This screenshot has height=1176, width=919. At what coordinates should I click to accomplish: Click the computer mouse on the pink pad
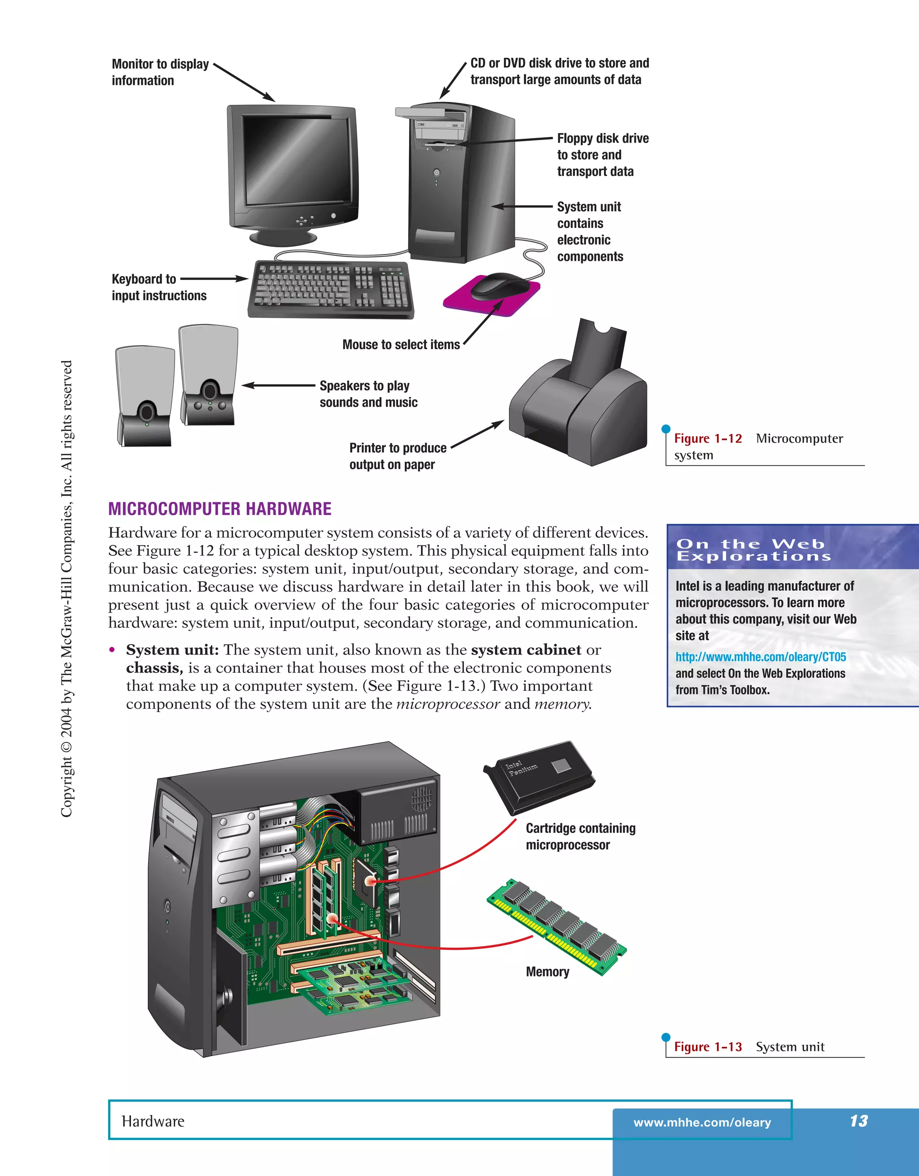(499, 285)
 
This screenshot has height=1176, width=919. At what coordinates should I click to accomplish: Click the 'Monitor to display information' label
(160, 72)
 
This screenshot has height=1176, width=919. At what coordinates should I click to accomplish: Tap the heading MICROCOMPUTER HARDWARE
(220, 509)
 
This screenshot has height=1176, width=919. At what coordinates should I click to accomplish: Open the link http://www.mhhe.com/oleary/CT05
(760, 657)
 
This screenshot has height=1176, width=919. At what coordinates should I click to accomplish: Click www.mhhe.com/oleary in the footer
(701, 1123)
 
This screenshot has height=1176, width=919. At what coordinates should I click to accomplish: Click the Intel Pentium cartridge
(540, 775)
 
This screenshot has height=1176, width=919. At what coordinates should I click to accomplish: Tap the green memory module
(556, 926)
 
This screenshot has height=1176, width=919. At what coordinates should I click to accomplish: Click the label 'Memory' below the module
(547, 972)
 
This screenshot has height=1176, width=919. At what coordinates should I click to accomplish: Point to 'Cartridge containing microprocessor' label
(580, 836)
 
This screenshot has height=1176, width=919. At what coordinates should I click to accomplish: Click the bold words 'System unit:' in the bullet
(172, 650)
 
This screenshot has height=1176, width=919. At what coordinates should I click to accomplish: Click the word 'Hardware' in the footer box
(153, 1122)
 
